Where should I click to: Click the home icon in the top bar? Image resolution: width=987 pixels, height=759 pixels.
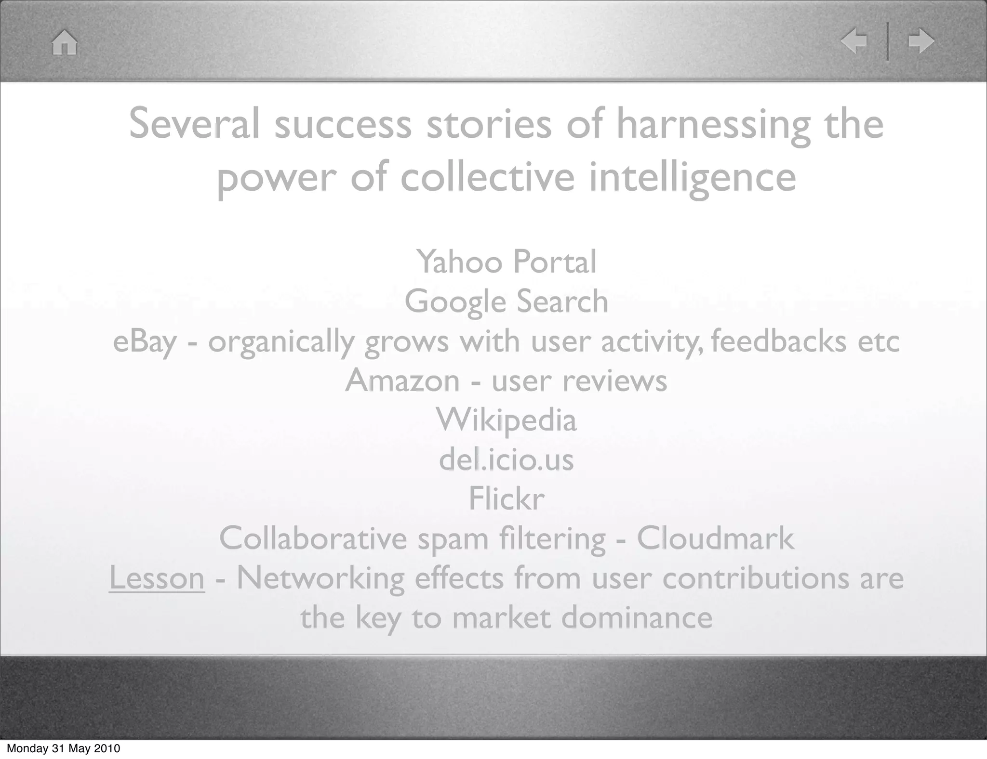pyautogui.click(x=65, y=42)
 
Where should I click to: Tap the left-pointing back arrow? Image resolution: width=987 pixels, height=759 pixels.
pyautogui.click(x=854, y=41)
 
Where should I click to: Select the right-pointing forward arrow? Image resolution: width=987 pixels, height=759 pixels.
pyautogui.click(x=921, y=41)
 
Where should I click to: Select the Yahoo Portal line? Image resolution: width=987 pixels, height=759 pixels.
pyautogui.click(x=506, y=262)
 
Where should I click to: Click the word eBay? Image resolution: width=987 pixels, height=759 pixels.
pyautogui.click(x=145, y=341)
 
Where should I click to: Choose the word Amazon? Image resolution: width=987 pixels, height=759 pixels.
pyautogui.click(x=402, y=380)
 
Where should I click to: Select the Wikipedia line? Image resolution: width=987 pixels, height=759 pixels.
pyautogui.click(x=506, y=420)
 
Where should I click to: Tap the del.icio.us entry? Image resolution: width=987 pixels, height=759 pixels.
pyautogui.click(x=506, y=459)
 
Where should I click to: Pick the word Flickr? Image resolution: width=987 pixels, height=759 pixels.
pyautogui.click(x=506, y=498)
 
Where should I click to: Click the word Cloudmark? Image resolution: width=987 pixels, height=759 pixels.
pyautogui.click(x=715, y=538)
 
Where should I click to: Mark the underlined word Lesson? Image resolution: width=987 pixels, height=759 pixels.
pyautogui.click(x=157, y=577)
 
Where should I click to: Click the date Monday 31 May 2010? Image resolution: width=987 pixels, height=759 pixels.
pyautogui.click(x=63, y=748)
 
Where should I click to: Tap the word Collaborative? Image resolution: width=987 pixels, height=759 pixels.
pyautogui.click(x=313, y=538)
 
